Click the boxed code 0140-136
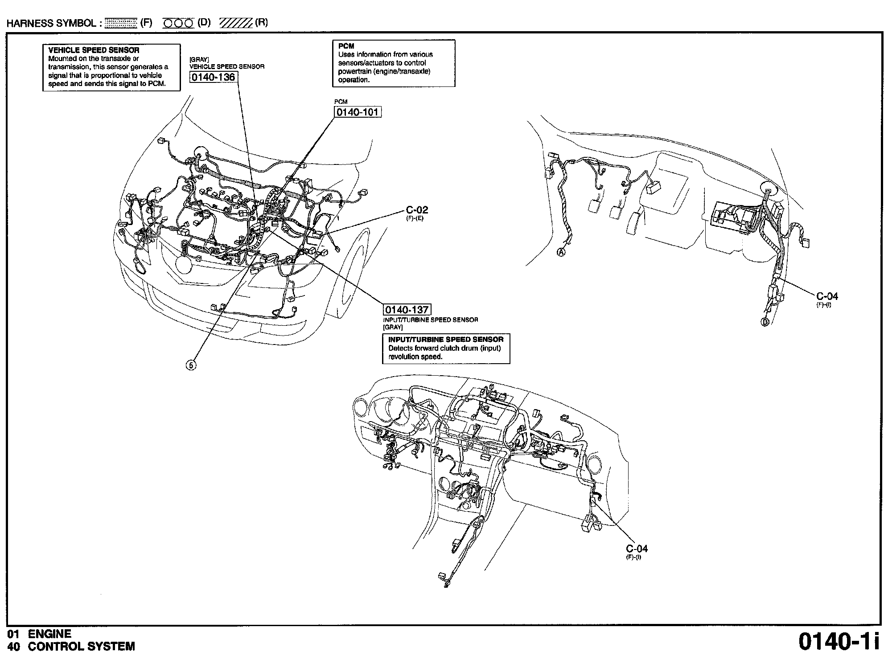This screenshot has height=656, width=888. (213, 77)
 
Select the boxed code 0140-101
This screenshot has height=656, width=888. (358, 111)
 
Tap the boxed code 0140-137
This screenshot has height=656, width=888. (407, 309)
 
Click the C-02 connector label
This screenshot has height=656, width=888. (417, 210)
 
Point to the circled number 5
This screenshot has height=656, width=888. (191, 365)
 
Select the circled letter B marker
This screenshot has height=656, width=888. (765, 322)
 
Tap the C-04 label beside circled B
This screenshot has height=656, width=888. (827, 296)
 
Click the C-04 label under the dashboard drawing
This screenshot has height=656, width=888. (637, 549)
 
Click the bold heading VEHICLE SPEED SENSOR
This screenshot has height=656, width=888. (94, 50)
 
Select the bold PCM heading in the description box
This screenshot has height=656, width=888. (346, 46)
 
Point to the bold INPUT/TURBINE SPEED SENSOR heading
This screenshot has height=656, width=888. (446, 340)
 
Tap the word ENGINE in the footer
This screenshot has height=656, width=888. (49, 634)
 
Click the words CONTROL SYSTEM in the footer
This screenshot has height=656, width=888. (81, 646)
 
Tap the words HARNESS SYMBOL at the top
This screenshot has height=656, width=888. (51, 23)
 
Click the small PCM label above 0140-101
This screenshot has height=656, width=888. (341, 102)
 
